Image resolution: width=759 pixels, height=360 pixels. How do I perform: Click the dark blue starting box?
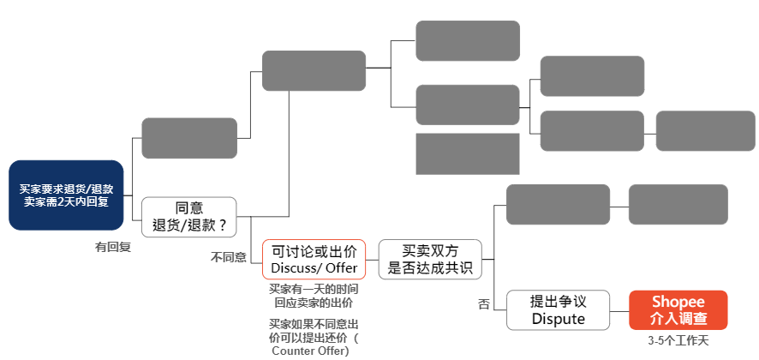(x=66, y=195)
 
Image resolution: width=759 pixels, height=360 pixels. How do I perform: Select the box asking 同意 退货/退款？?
(x=188, y=217)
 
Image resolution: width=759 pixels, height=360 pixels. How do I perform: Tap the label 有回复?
(x=113, y=247)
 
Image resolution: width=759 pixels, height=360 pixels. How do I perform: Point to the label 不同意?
(x=229, y=256)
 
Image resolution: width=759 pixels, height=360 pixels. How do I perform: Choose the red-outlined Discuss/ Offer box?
(x=314, y=259)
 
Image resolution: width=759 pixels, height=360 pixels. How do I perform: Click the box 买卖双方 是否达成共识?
(x=430, y=259)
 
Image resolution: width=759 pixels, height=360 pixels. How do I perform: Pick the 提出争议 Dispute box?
(x=558, y=309)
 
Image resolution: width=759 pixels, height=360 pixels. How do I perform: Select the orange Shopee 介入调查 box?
(x=678, y=309)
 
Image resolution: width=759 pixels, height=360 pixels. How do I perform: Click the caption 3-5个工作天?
(x=678, y=341)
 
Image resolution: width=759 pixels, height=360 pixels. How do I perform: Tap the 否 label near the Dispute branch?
(x=484, y=303)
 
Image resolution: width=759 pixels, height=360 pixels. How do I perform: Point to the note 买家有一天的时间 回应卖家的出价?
(x=314, y=296)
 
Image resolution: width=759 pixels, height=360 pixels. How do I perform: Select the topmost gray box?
(x=468, y=40)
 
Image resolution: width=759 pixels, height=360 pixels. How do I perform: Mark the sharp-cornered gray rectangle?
(x=468, y=153)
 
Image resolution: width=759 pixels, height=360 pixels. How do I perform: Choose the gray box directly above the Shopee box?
(x=678, y=204)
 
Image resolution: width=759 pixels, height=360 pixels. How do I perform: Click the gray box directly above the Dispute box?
(x=558, y=204)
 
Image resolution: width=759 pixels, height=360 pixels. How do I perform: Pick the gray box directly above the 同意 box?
(x=188, y=138)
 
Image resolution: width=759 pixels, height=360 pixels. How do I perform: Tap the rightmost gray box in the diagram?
(x=705, y=130)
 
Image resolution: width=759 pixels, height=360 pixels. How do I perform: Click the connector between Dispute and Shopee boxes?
(x=619, y=309)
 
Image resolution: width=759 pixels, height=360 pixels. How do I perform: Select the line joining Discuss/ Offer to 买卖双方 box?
(x=372, y=259)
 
